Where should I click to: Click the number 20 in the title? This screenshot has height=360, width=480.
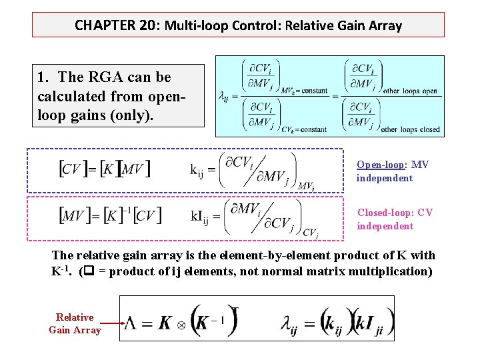tap(147, 26)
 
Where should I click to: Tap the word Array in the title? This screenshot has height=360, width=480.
tap(385, 26)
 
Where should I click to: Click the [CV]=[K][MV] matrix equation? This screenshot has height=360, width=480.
tap(105, 168)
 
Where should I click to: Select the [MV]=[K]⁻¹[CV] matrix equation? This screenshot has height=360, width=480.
tap(111, 215)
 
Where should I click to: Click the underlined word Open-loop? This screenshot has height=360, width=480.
tap(382, 165)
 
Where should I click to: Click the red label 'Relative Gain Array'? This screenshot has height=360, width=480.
tap(75, 323)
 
